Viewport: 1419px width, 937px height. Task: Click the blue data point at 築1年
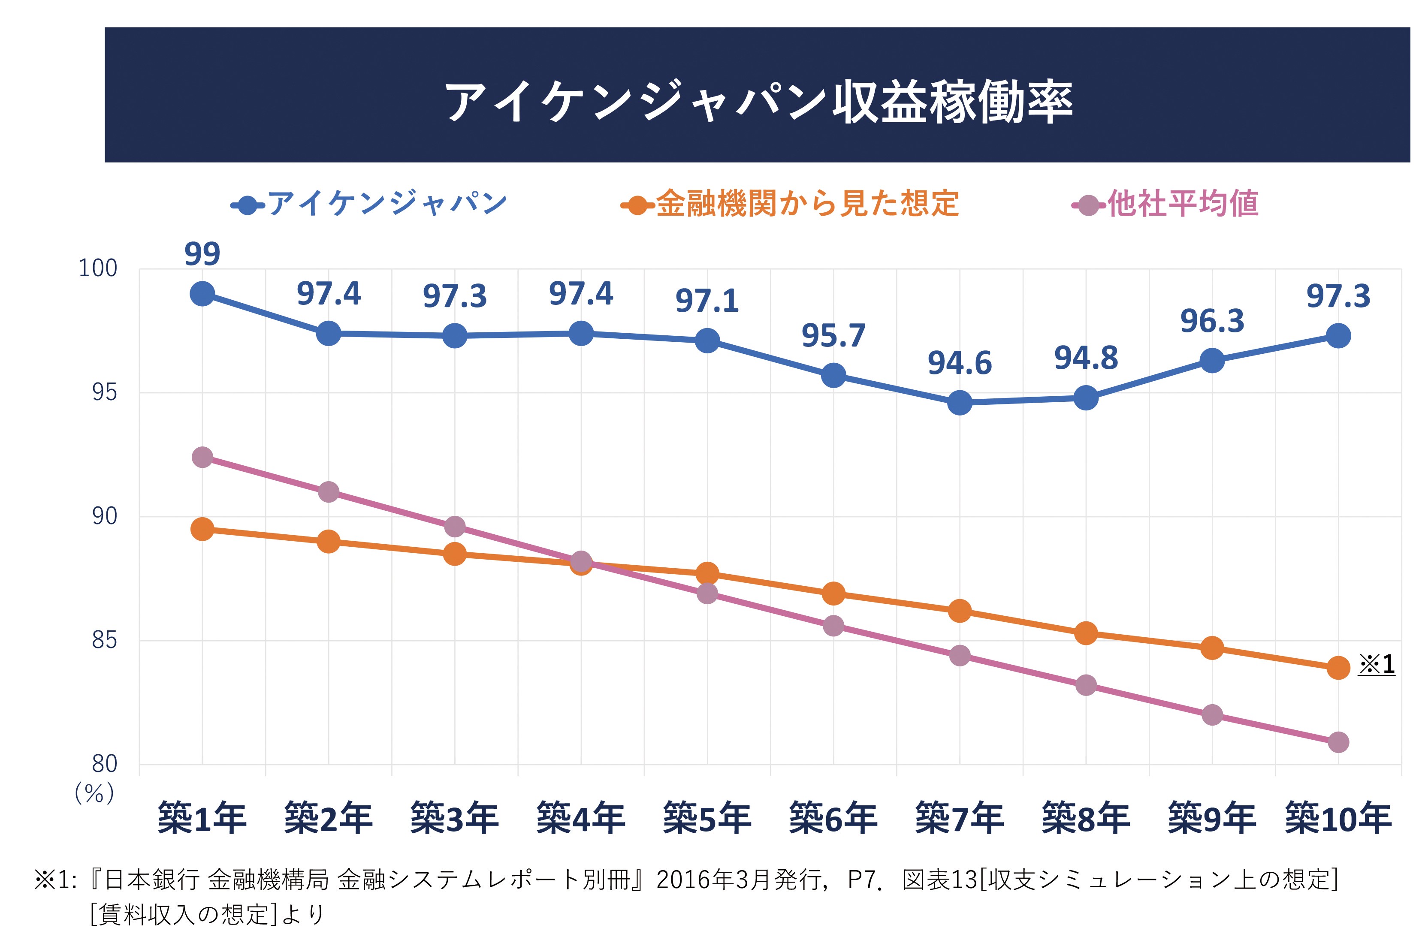tap(202, 294)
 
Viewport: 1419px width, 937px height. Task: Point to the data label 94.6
tap(959, 363)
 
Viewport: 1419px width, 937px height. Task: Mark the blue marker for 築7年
tap(959, 403)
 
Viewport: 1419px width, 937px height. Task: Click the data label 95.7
tap(833, 336)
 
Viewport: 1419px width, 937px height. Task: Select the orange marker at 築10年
tap(1338, 668)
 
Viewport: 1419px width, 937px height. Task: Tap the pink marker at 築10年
tap(1338, 742)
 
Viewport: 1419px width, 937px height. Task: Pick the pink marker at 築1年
tap(202, 458)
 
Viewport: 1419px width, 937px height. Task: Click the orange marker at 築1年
tap(202, 530)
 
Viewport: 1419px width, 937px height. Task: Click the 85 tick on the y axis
tap(104, 640)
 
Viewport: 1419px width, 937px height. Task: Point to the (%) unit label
tap(94, 793)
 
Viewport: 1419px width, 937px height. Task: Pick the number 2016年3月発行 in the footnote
tap(738, 880)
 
